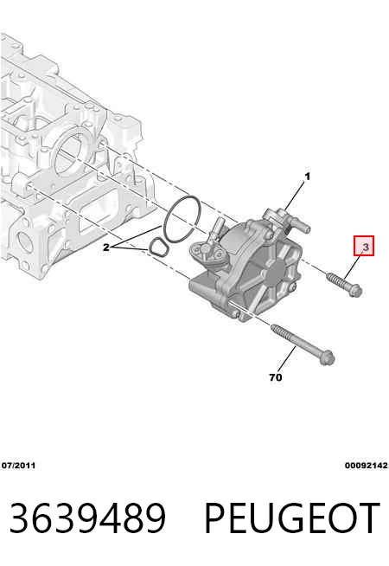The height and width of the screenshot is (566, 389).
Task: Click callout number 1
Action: [307, 177]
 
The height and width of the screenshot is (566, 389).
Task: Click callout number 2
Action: [105, 248]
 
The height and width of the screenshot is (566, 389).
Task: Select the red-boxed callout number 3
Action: [364, 246]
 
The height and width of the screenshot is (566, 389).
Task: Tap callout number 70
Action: [276, 377]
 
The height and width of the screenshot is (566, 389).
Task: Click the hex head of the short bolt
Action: [356, 291]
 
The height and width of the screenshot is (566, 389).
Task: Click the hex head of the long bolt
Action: [328, 357]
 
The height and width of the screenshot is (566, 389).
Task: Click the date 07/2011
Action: [18, 466]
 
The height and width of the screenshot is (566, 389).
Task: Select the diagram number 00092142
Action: [367, 466]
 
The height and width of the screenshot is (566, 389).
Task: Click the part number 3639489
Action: [87, 518]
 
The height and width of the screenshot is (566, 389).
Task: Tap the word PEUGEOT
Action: [292, 518]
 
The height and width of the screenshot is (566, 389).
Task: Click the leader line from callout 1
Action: [295, 196]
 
